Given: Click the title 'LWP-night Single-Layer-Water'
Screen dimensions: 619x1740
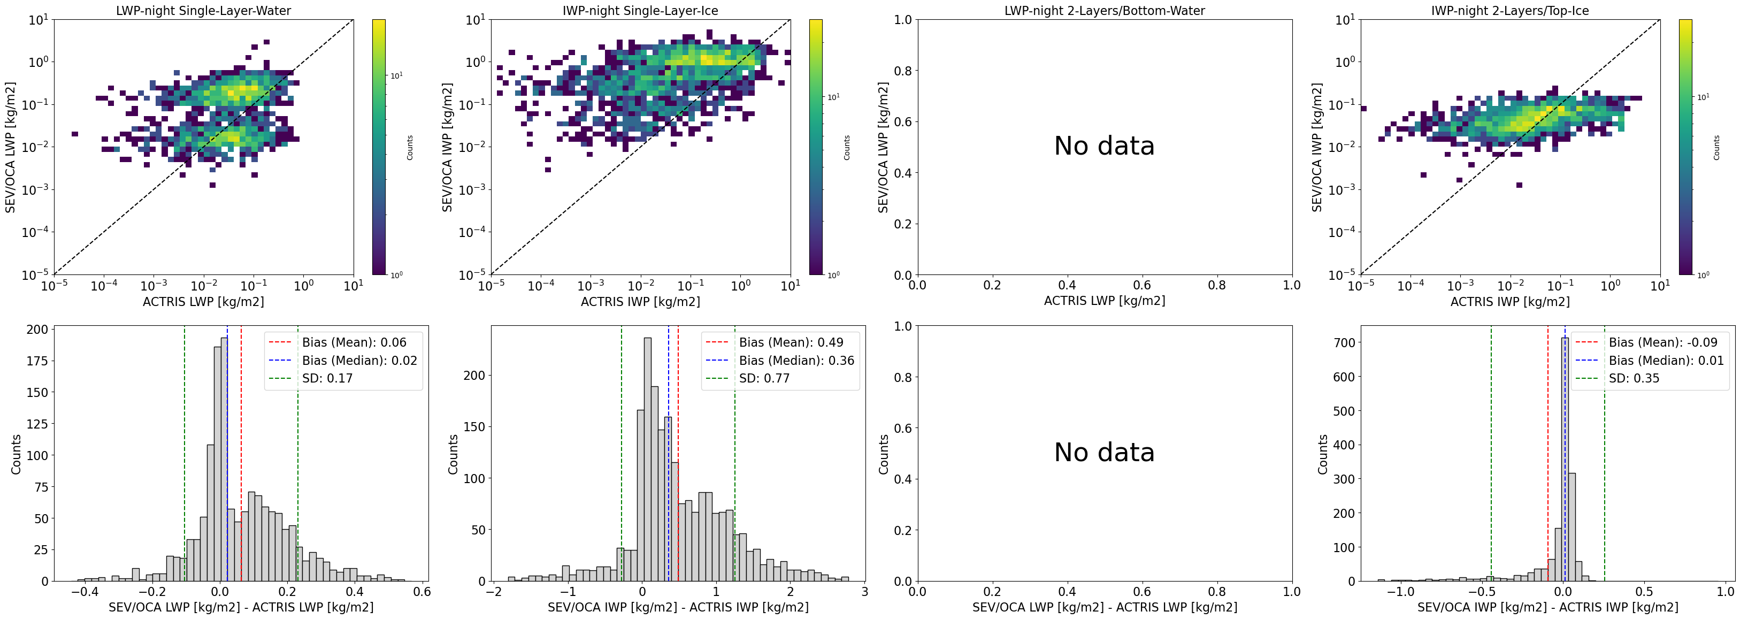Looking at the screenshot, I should coord(203,11).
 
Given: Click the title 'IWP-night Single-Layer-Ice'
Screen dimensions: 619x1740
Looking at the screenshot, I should coord(640,11).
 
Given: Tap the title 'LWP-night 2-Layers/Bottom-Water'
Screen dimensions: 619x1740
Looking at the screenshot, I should coord(1105,11).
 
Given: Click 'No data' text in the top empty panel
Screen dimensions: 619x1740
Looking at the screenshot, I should coord(1105,146).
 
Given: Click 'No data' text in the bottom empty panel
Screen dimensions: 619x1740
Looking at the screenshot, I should coord(1105,452).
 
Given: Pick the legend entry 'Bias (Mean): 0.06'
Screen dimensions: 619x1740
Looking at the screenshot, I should coord(354,342).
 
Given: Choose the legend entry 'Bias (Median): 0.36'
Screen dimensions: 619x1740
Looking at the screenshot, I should coord(796,361).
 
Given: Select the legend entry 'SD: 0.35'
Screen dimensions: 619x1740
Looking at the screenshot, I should coord(1633,378).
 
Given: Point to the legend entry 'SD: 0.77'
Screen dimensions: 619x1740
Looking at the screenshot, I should coord(764,378).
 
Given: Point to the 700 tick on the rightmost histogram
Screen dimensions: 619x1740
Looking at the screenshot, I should coord(1345,342).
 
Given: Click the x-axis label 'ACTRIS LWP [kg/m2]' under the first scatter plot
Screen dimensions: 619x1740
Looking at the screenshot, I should coord(203,301).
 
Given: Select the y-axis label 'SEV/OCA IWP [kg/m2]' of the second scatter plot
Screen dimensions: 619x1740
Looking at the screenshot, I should coord(447,147).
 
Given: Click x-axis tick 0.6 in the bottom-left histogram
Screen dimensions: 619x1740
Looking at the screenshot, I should coord(422,592).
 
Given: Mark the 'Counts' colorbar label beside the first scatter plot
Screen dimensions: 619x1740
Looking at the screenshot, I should coord(409,147).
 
